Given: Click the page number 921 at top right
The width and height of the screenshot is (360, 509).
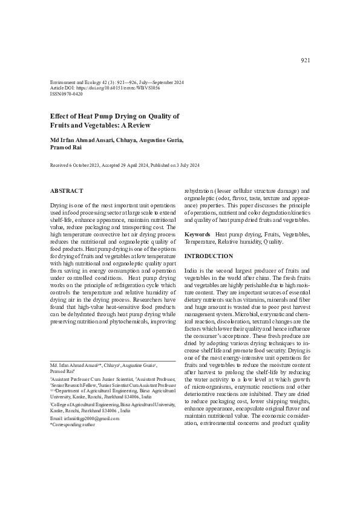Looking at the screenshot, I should [306, 60].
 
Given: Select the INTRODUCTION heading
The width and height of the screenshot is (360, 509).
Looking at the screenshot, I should [209, 256].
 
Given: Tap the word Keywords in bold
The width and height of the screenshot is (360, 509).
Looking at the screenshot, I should [197, 234].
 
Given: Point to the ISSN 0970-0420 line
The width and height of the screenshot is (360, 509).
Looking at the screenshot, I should [67, 95].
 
